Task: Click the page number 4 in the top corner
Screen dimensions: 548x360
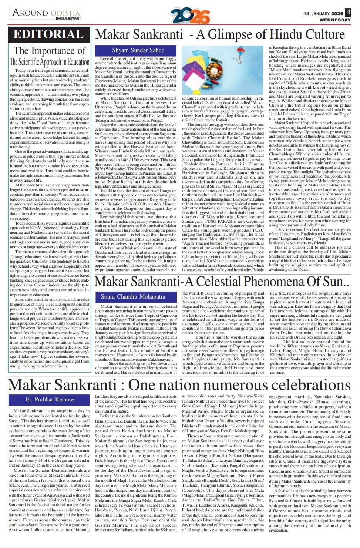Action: pos(348,12)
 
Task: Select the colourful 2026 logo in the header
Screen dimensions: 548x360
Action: pos(190,15)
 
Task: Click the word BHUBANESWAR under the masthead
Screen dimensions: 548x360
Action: pos(68,18)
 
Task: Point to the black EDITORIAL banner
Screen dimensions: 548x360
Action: pos(49,34)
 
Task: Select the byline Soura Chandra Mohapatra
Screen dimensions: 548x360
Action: pos(133,296)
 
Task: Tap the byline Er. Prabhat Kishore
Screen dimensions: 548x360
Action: pos(50,400)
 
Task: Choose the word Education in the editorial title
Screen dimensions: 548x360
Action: pos(73,62)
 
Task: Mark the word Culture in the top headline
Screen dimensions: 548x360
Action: pos(318,34)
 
